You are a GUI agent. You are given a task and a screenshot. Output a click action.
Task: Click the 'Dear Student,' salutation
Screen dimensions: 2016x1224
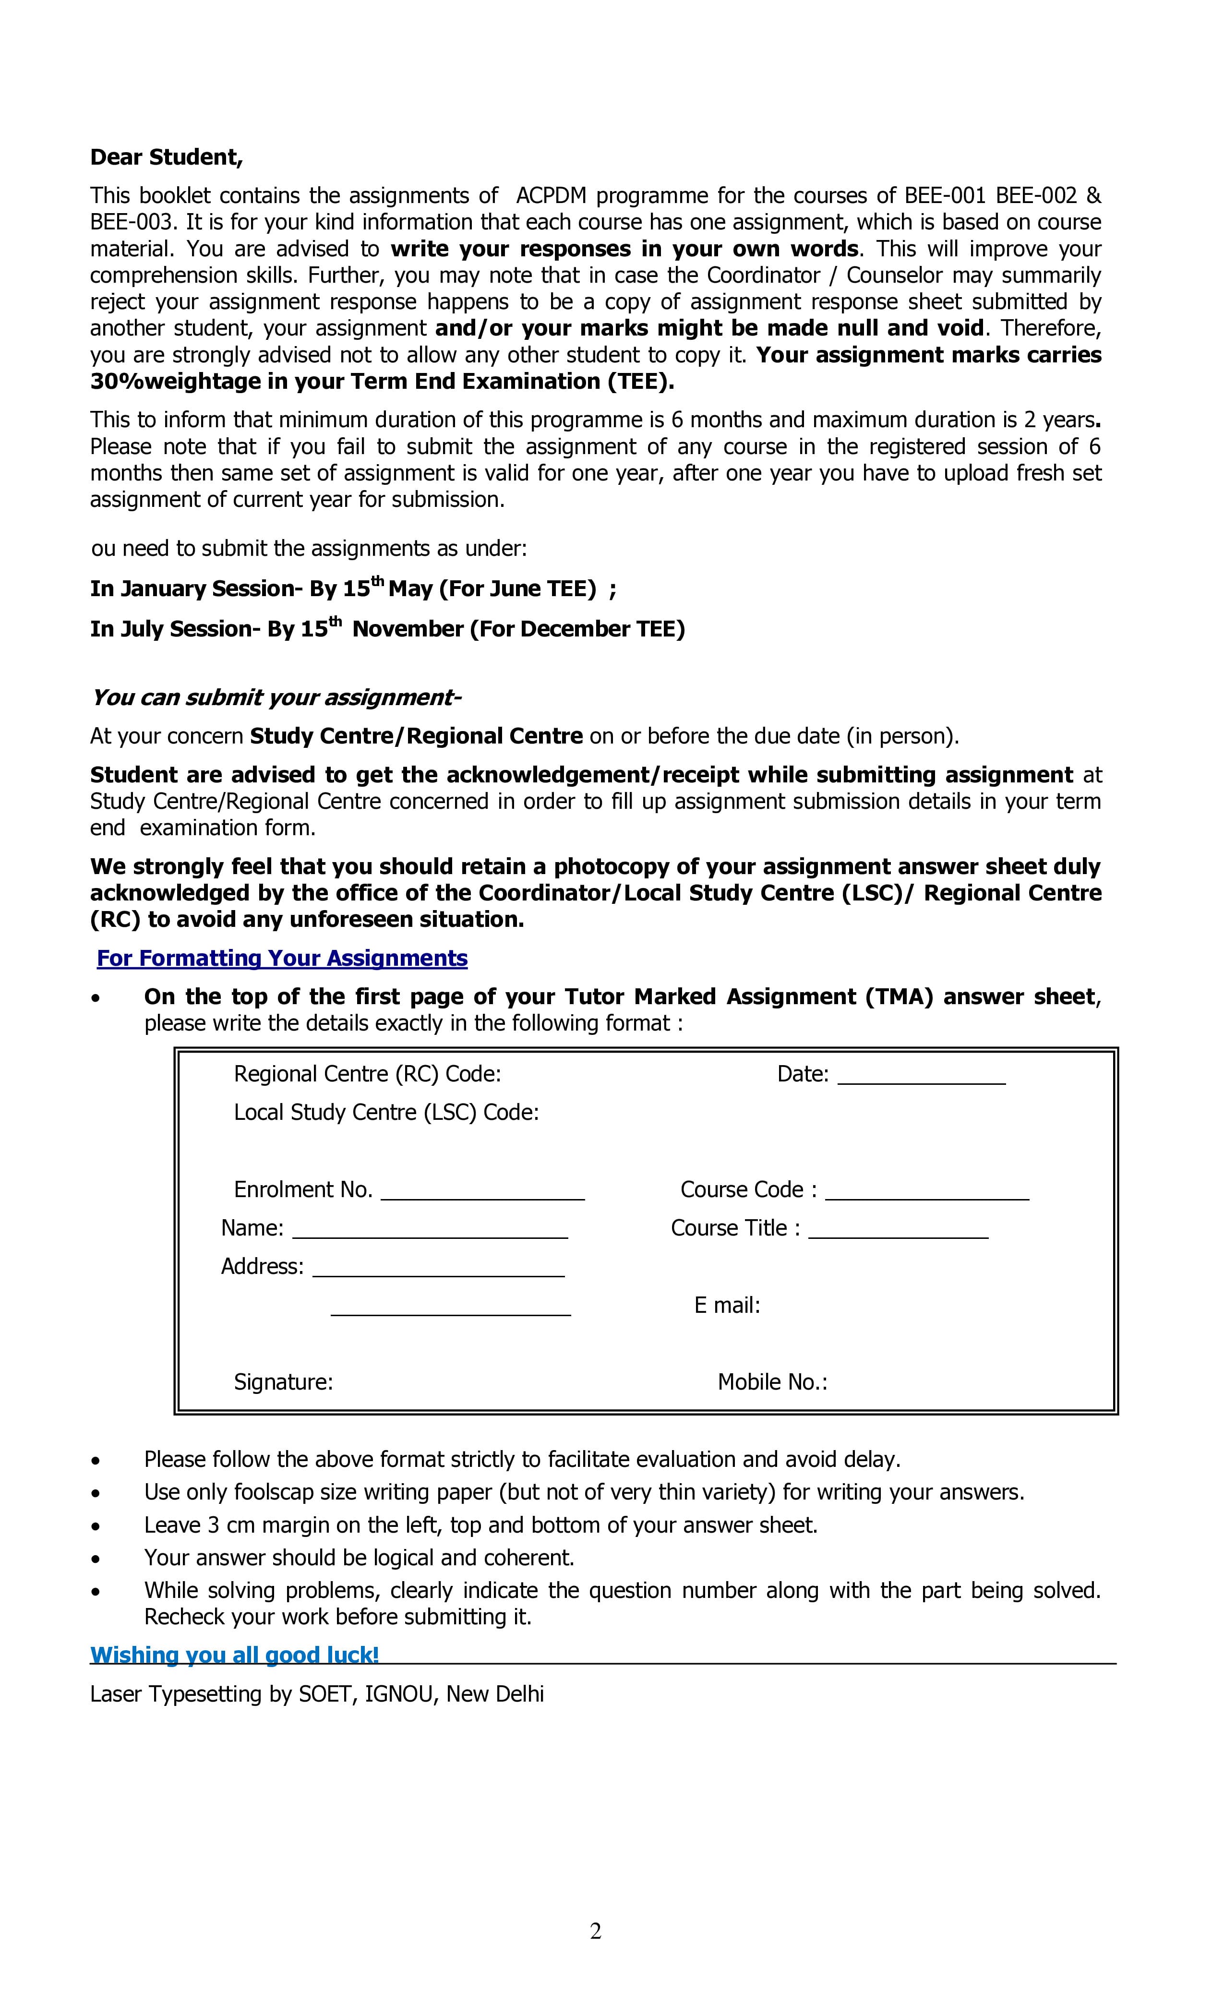[166, 157]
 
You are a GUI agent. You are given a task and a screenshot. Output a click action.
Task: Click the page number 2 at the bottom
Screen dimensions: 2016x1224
[596, 1931]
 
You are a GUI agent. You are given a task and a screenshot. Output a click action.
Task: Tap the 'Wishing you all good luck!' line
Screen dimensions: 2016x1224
[235, 1655]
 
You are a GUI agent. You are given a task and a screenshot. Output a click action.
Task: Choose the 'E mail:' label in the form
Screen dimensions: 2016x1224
[727, 1305]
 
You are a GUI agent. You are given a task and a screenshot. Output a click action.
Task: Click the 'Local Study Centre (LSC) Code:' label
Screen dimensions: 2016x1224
[386, 1113]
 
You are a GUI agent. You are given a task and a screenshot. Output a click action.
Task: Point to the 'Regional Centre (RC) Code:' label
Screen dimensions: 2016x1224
[367, 1074]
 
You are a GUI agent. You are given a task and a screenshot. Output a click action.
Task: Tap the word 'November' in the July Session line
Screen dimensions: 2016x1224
[407, 629]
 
